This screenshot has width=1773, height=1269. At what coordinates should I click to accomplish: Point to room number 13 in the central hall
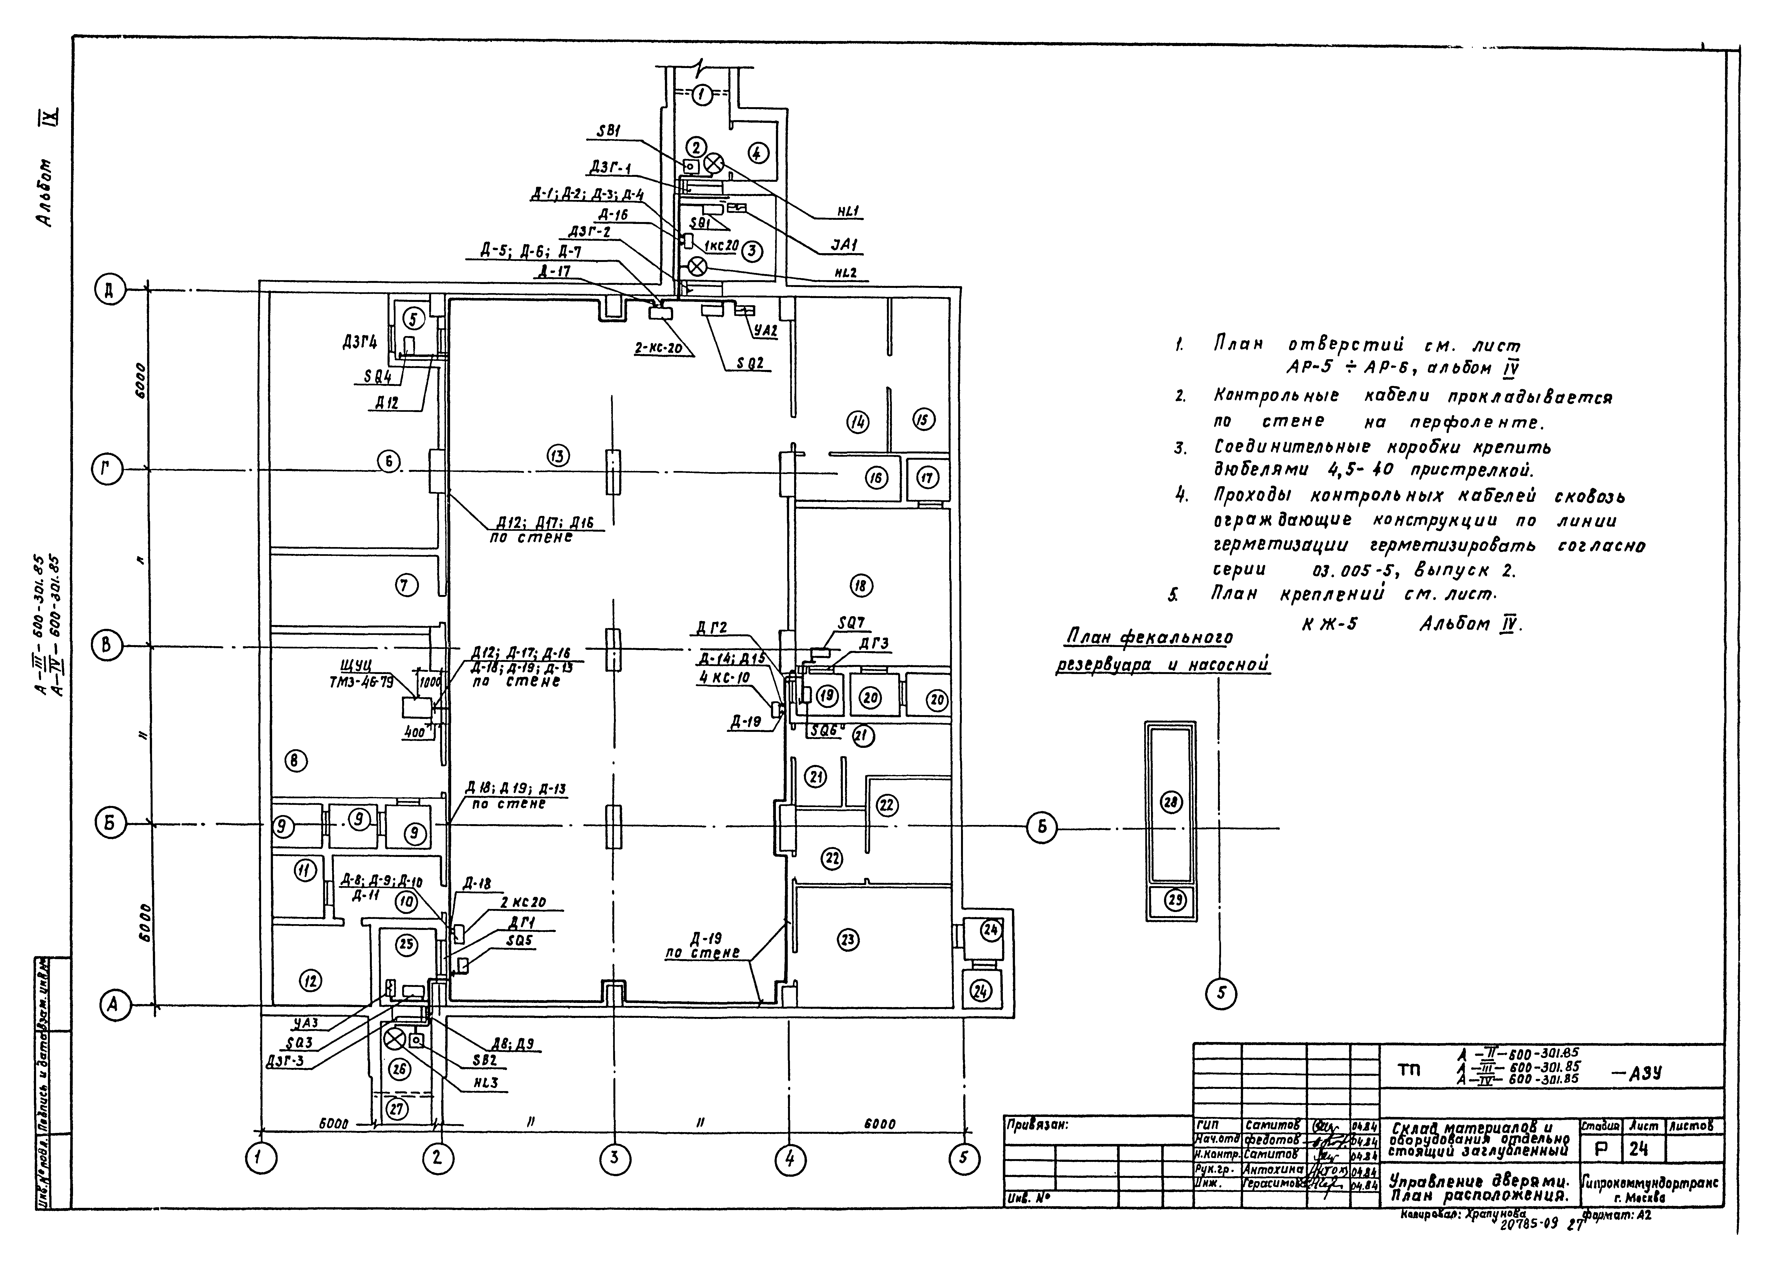[x=558, y=456]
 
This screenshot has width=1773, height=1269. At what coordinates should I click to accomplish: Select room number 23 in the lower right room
[x=848, y=940]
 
